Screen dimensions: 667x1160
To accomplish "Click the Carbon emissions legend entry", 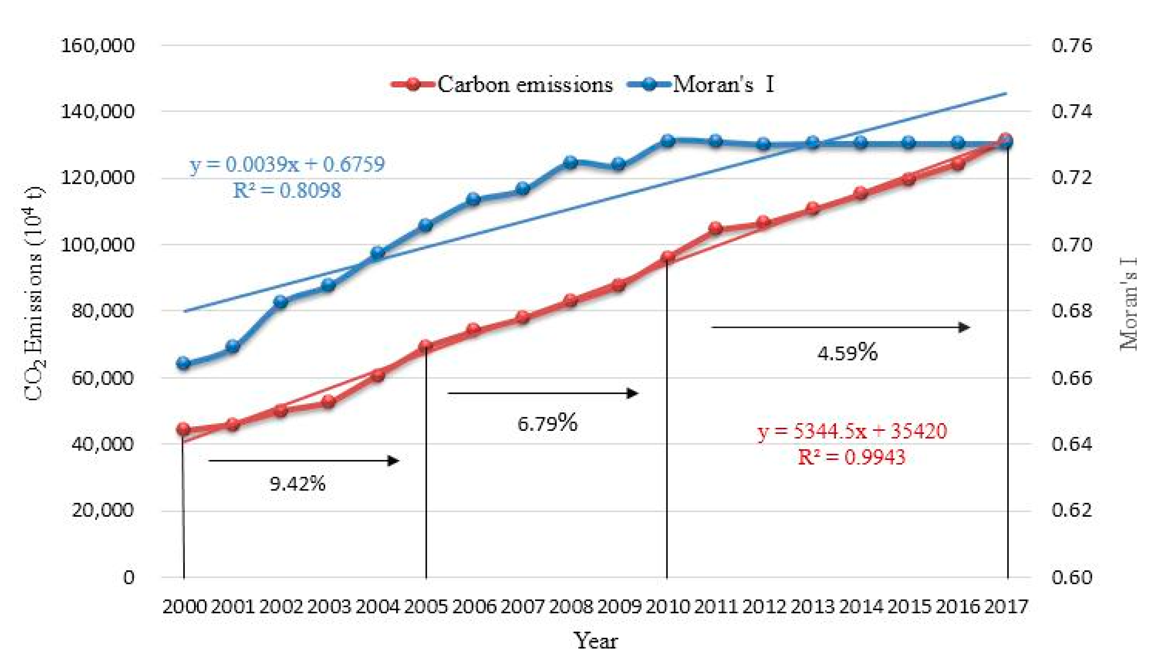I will (502, 85).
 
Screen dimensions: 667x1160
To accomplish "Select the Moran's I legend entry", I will (701, 85).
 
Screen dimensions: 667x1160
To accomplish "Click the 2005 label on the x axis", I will (426, 607).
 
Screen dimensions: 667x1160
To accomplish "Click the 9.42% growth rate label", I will (297, 484).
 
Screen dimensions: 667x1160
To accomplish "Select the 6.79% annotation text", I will (547, 423).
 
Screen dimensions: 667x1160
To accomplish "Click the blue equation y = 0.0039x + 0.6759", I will (287, 164).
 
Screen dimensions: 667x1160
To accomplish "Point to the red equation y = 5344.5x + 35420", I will (852, 431).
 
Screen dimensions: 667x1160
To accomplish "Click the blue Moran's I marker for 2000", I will (184, 363).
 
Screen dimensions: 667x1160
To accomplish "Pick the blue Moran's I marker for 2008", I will (571, 162).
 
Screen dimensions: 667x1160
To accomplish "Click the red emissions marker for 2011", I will (715, 228).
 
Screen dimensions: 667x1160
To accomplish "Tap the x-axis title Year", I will (596, 641).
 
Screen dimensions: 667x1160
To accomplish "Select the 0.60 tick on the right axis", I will (1071, 577).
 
